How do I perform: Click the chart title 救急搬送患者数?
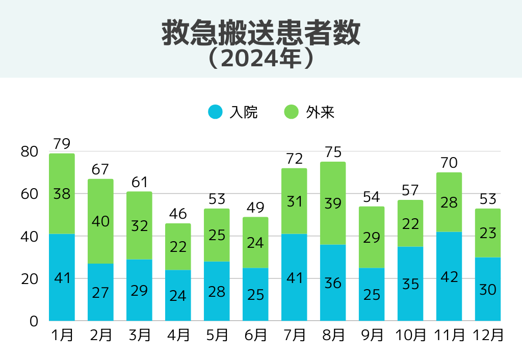(x=260, y=34)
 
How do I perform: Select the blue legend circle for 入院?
(x=216, y=112)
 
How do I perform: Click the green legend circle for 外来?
(x=291, y=112)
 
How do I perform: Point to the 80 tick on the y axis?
(x=30, y=151)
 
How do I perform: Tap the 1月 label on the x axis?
(x=62, y=335)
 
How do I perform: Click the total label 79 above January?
(x=62, y=144)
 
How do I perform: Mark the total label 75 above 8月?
(x=333, y=152)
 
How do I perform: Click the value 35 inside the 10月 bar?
(x=410, y=284)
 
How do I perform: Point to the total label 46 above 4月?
(x=178, y=214)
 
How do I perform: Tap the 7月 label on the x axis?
(x=294, y=335)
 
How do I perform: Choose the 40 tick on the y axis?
(x=30, y=237)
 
